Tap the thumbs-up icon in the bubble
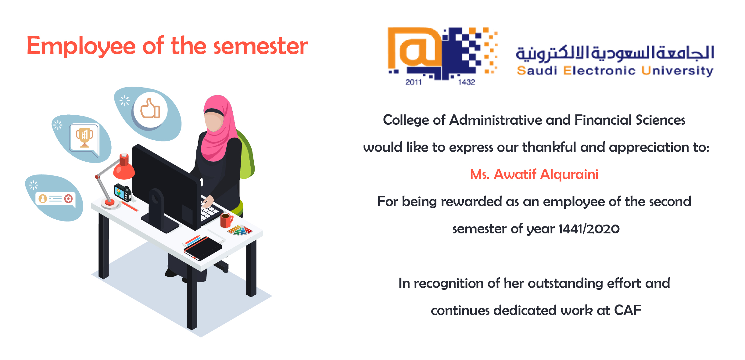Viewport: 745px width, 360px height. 150,108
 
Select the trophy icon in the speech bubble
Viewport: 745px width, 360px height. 84,138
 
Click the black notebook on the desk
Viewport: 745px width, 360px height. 203,248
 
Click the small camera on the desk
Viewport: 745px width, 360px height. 123,193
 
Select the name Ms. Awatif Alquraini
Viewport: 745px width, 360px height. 534,174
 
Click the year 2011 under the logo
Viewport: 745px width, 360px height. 413,82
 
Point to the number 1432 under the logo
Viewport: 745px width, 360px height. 467,82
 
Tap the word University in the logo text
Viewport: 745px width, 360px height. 677,71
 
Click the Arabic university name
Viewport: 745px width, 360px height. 615,53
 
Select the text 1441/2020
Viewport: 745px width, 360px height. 589,229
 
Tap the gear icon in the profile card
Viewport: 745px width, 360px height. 69,199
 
